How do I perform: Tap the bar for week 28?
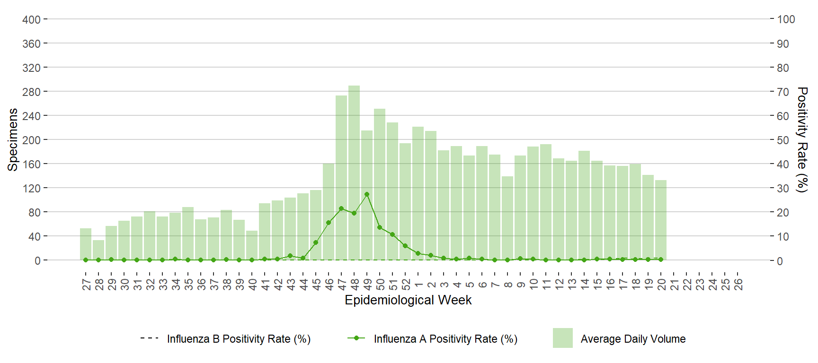pos(98,250)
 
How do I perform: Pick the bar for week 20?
pos(661,220)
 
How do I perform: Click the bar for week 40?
pos(252,245)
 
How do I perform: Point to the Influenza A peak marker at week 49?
pos(367,194)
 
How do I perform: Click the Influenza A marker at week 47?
pos(341,208)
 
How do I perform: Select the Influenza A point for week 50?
pos(380,227)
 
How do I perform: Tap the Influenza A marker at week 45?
pos(316,242)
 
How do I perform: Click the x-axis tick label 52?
pos(406,284)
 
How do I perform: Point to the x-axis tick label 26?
pos(738,284)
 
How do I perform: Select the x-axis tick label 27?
pos(86,284)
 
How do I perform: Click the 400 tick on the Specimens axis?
pos(31,19)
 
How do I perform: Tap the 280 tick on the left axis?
pos(31,92)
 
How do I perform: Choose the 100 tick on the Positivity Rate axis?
pos(786,19)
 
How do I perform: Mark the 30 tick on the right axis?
pos(783,188)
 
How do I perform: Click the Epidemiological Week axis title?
pos(408,300)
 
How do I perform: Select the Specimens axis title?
pos(13,139)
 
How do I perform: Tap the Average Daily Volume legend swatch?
pos(562,338)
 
